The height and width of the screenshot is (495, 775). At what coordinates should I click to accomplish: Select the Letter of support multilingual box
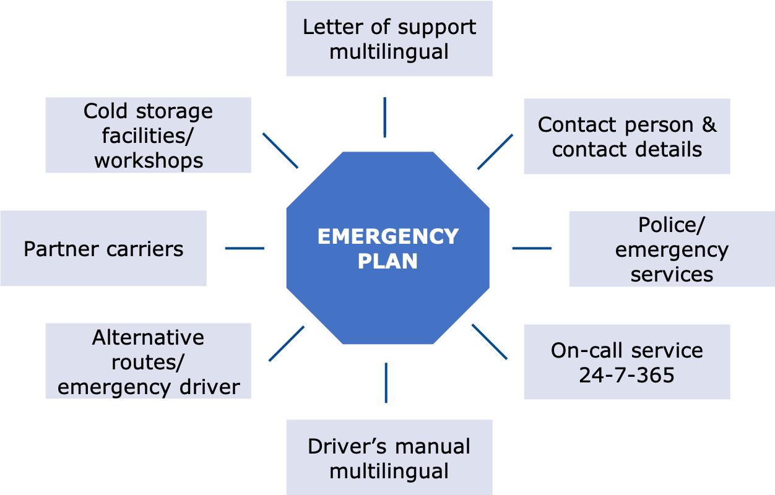pyautogui.click(x=389, y=39)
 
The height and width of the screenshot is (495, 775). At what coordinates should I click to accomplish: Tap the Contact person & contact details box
pyautogui.click(x=626, y=137)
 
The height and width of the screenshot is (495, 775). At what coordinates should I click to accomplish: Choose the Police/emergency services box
pyautogui.click(x=672, y=249)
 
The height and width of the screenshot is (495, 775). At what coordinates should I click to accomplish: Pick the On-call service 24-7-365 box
pyautogui.click(x=626, y=362)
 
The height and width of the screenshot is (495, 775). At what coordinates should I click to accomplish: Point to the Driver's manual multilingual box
pyautogui.click(x=389, y=458)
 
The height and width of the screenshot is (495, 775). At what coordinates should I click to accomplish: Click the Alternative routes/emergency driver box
pyautogui.click(x=148, y=361)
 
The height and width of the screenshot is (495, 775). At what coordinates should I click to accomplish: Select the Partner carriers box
pyautogui.click(x=103, y=249)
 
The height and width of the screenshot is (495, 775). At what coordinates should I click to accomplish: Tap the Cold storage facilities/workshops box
pyautogui.click(x=148, y=136)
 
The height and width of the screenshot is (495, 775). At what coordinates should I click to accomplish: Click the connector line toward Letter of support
pyautogui.click(x=384, y=118)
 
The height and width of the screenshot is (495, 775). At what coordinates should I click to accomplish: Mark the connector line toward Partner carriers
pyautogui.click(x=245, y=249)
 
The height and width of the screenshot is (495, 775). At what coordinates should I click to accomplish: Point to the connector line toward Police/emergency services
pyautogui.click(x=532, y=249)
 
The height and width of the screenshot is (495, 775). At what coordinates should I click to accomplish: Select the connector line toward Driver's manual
pyautogui.click(x=386, y=383)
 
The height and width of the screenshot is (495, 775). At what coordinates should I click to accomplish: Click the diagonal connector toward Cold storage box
pyautogui.click(x=280, y=150)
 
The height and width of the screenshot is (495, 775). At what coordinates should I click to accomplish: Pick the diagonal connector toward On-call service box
pyautogui.click(x=490, y=342)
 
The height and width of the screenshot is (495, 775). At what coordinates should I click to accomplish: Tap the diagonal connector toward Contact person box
pyautogui.click(x=495, y=152)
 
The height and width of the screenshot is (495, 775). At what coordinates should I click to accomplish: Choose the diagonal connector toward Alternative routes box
pyautogui.click(x=287, y=343)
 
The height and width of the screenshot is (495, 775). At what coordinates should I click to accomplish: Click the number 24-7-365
pyautogui.click(x=626, y=375)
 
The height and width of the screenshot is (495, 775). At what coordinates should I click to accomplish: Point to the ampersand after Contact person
pyautogui.click(x=709, y=125)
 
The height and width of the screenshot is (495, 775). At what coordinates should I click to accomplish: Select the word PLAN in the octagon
pyautogui.click(x=387, y=261)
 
